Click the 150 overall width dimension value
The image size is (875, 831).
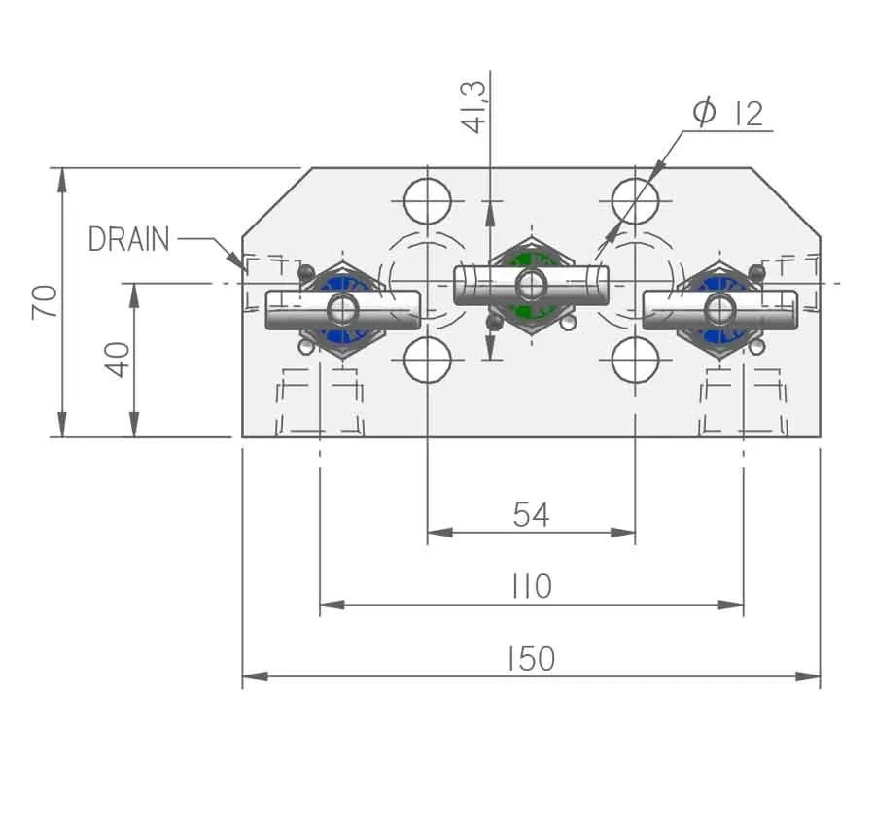(x=531, y=658)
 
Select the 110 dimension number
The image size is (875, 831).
(x=532, y=586)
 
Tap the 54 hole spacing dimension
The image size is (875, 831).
(x=531, y=514)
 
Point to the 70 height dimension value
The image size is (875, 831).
(x=45, y=301)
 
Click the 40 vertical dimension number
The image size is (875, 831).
(x=117, y=360)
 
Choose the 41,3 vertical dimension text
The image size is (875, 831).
(x=473, y=107)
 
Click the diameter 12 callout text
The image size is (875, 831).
(x=728, y=112)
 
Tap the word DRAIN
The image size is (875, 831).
(x=129, y=239)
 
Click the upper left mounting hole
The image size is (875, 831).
(x=428, y=201)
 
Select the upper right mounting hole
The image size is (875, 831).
(x=635, y=201)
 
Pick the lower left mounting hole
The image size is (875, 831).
(x=428, y=360)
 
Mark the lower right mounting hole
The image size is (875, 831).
(x=635, y=360)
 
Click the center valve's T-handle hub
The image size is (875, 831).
(x=531, y=285)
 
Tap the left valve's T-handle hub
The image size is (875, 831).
(x=342, y=309)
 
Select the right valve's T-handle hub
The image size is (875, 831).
(x=719, y=309)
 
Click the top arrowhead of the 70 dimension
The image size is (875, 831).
(x=62, y=180)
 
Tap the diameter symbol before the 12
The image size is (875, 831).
(x=704, y=111)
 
